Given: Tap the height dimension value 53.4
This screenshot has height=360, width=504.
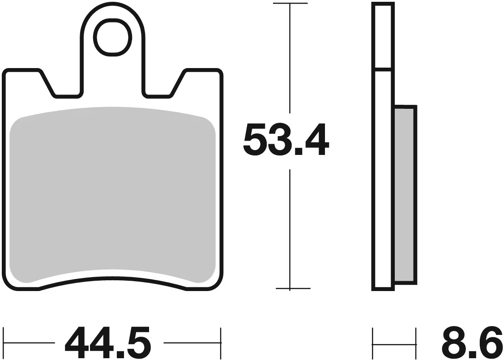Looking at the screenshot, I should (286, 141).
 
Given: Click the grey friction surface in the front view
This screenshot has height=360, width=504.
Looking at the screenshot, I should (112, 193).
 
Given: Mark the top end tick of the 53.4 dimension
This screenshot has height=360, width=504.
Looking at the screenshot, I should (290, 4).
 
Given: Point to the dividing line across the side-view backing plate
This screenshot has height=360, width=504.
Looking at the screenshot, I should (383, 69).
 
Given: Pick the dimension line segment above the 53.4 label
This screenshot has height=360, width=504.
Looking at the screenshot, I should (290, 58).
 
